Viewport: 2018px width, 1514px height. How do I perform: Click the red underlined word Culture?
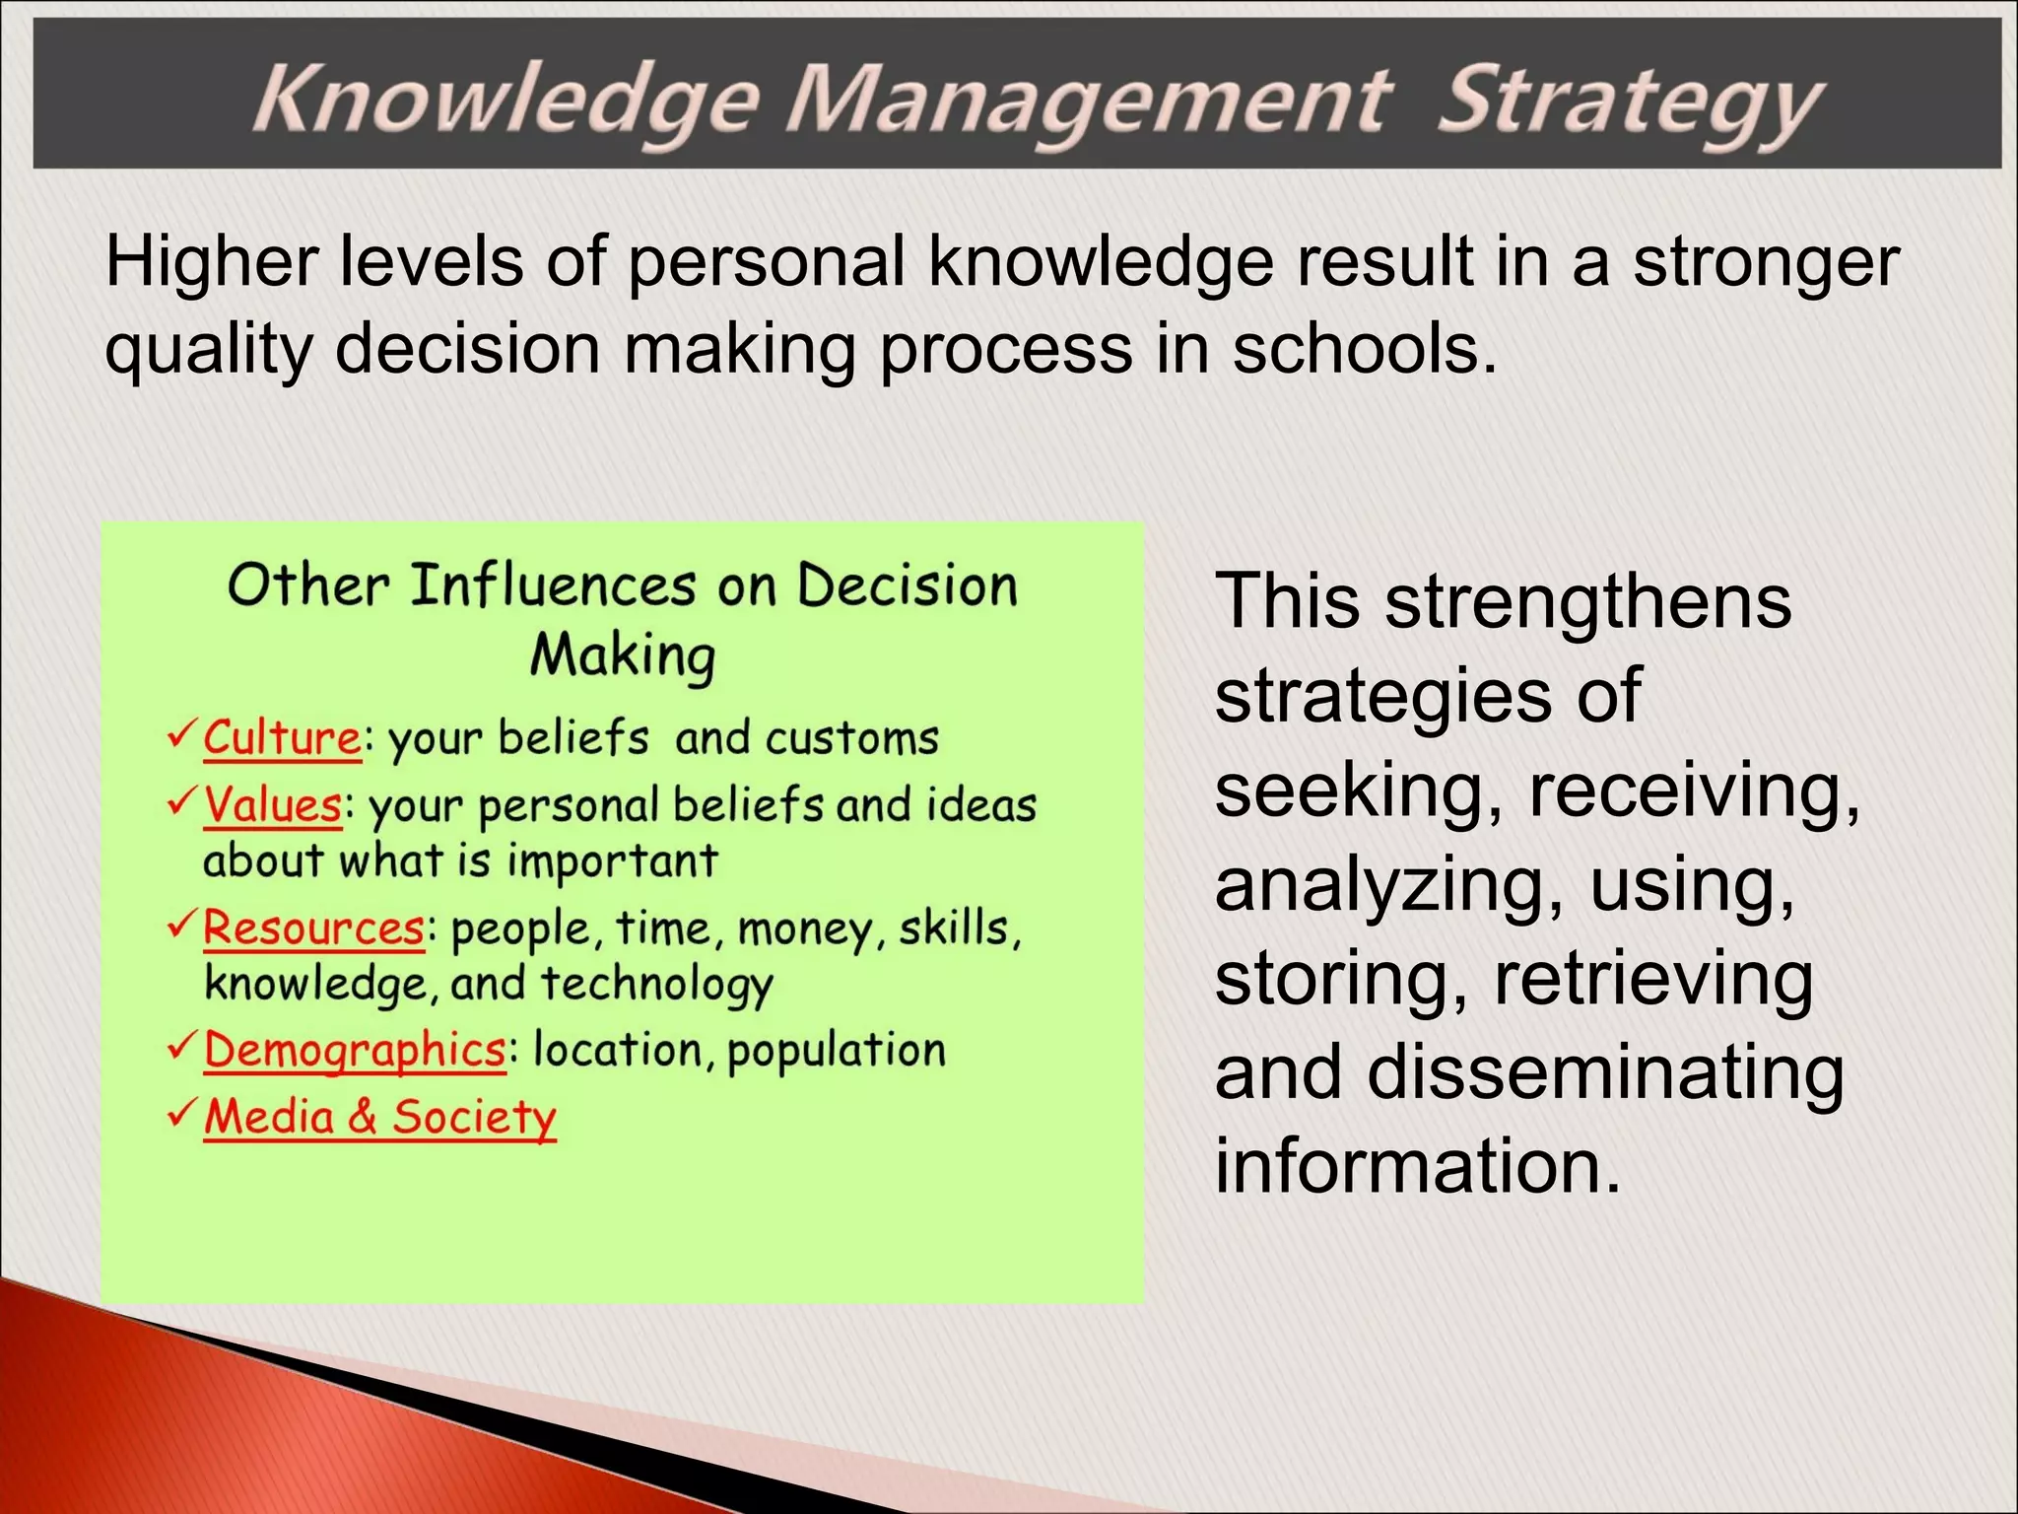point(283,738)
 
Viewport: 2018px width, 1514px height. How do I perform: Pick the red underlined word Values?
point(273,805)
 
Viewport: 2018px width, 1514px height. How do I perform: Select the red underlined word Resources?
point(313,929)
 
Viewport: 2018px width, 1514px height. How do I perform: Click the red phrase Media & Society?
point(380,1118)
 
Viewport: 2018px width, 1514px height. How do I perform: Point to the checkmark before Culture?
point(182,734)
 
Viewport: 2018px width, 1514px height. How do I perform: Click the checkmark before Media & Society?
point(182,1114)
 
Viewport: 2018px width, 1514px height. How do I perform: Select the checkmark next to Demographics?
point(182,1046)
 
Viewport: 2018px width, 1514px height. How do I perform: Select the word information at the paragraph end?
point(1417,1166)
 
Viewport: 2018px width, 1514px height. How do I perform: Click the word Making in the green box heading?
point(623,655)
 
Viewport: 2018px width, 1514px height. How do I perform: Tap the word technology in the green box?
point(657,985)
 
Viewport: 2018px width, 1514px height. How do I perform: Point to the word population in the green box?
point(837,1051)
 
